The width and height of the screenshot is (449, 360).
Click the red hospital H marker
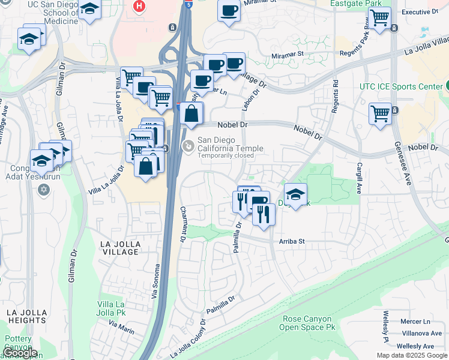coord(140,6)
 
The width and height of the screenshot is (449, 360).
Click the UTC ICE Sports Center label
coord(400,86)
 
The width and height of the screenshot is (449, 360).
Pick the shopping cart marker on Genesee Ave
coord(380,113)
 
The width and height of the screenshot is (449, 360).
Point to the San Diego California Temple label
coord(231,145)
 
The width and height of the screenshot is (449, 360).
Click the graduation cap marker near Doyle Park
coord(295,194)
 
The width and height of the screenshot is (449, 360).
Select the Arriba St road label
coord(292,241)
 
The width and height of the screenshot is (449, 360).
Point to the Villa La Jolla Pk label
coord(111,308)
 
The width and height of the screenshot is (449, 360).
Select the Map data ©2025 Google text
coord(411,355)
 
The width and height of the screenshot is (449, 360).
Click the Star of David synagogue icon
coord(43,190)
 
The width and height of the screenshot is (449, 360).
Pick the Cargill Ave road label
coord(359,178)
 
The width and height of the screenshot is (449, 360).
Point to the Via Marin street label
coord(121,326)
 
